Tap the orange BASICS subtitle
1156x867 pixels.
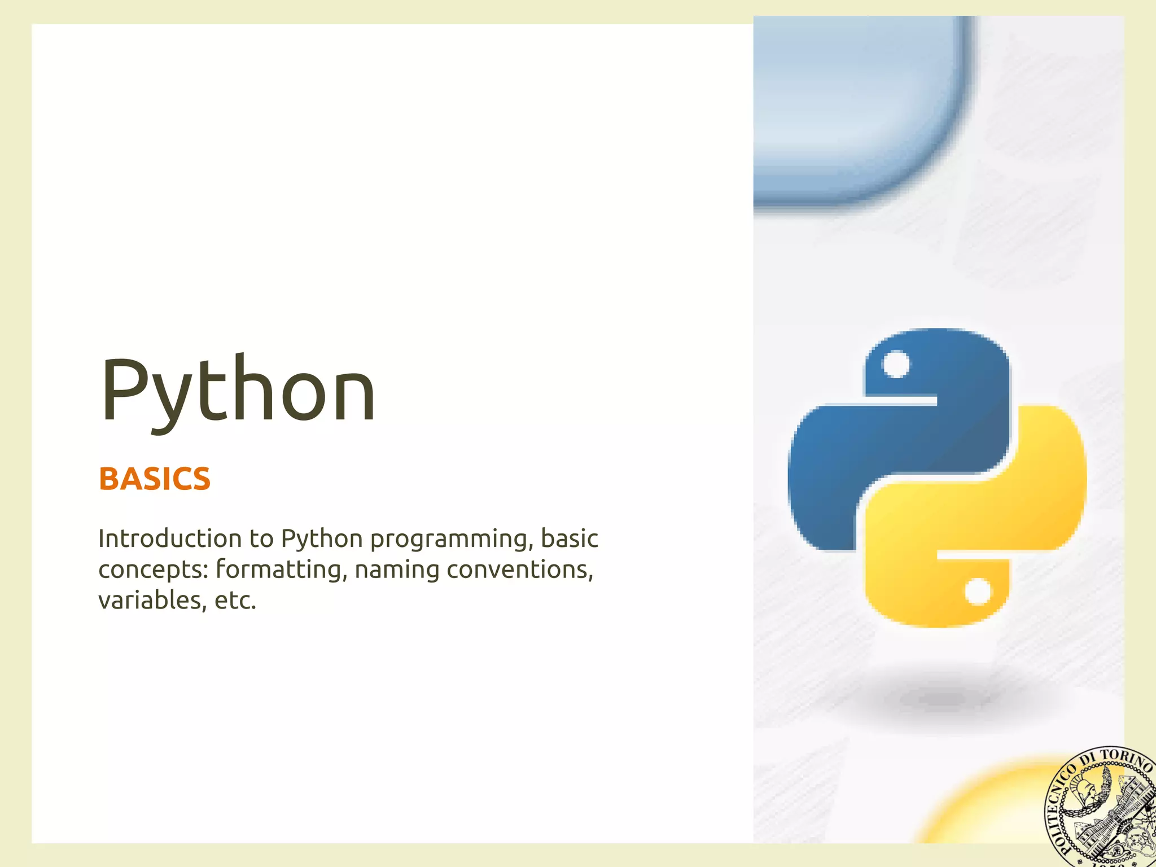155,479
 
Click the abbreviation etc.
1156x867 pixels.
235,601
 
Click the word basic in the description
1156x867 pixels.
570,538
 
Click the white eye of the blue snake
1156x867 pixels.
896,364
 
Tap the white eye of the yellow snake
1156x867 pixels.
977,592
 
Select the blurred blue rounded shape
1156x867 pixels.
858,107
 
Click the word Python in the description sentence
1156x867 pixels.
322,540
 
